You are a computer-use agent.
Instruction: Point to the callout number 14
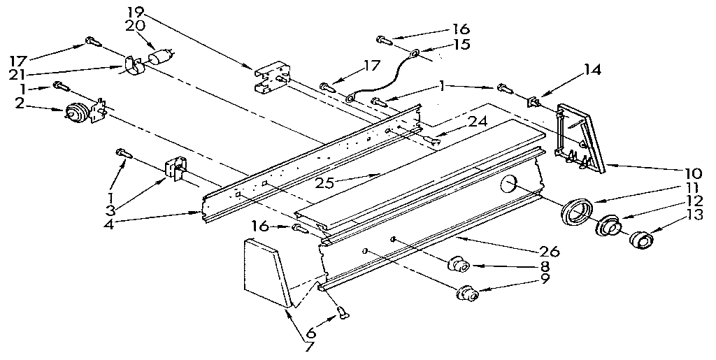[x=593, y=69]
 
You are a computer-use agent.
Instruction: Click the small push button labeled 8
[x=459, y=265]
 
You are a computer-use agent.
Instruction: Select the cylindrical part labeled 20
[x=162, y=57]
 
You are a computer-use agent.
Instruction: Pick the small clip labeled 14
[x=535, y=104]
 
